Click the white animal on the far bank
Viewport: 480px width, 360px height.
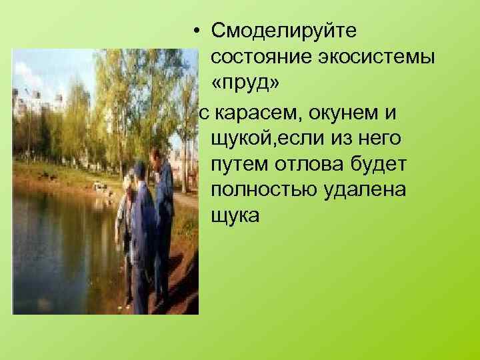(x=100, y=187)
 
